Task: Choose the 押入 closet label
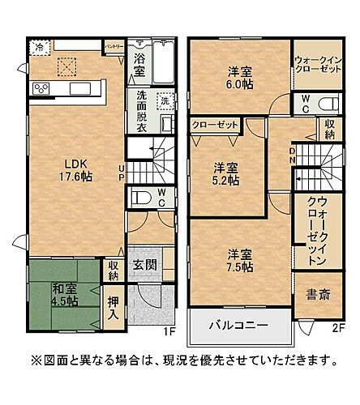click(114, 309)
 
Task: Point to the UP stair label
click(121, 173)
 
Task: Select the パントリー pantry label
click(114, 47)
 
